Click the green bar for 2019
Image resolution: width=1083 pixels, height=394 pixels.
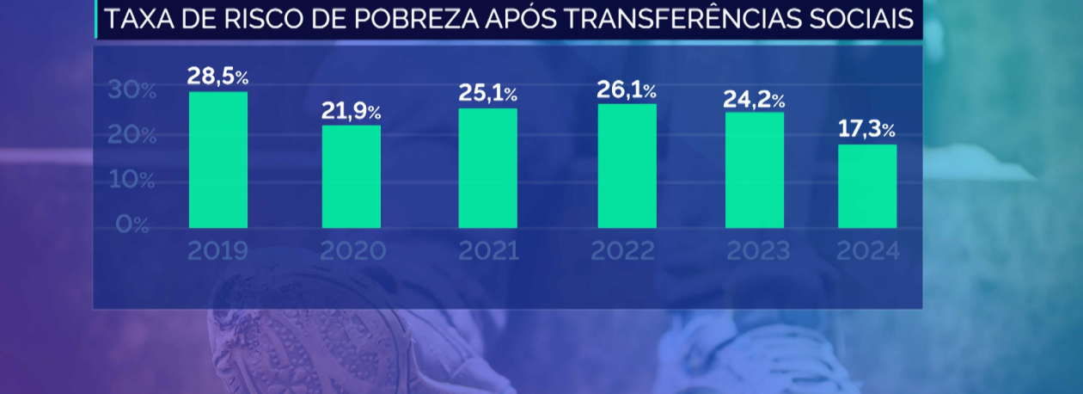[x=218, y=160]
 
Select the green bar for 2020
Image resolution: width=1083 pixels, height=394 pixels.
[x=352, y=177]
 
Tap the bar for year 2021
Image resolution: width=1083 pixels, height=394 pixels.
[x=487, y=169]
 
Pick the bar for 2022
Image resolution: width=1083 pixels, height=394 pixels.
[x=627, y=166]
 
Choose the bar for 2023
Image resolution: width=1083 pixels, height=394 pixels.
[x=755, y=170]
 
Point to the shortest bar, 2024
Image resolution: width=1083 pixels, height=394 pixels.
[x=867, y=187]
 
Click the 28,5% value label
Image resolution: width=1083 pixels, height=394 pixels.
[x=217, y=77]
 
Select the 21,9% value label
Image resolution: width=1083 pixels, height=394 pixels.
[x=351, y=111]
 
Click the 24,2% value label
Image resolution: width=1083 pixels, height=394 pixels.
[x=754, y=99]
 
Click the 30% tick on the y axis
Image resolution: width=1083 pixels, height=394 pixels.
[x=132, y=90]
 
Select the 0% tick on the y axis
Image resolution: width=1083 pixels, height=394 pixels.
[x=132, y=225]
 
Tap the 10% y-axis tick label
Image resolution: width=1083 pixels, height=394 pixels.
[x=132, y=181]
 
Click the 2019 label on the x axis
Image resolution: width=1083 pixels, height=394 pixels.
[x=217, y=251]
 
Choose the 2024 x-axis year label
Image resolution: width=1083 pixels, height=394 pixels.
[x=867, y=251]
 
